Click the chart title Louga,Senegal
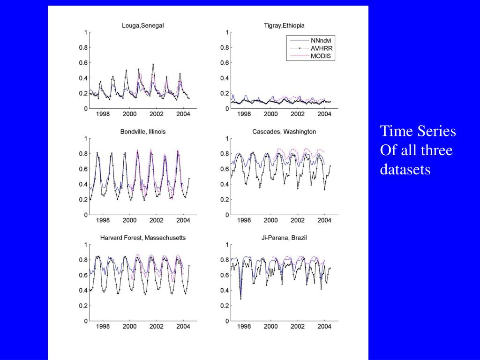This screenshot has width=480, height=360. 142,25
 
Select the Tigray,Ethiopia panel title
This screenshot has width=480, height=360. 284,25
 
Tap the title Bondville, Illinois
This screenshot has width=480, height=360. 142,132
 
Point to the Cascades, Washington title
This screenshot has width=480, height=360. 284,132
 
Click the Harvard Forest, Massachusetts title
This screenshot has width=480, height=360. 142,238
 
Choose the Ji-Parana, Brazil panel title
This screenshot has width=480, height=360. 284,238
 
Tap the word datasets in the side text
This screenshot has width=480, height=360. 405,169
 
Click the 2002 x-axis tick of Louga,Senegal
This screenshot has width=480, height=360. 156,114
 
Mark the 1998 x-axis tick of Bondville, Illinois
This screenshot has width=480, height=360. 103,220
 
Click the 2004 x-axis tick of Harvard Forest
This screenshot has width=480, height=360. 183,327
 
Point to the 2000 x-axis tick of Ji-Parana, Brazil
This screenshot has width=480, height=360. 270,327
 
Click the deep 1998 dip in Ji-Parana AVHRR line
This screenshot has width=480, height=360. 241,299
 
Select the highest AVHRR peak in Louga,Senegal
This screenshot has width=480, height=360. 153,64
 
